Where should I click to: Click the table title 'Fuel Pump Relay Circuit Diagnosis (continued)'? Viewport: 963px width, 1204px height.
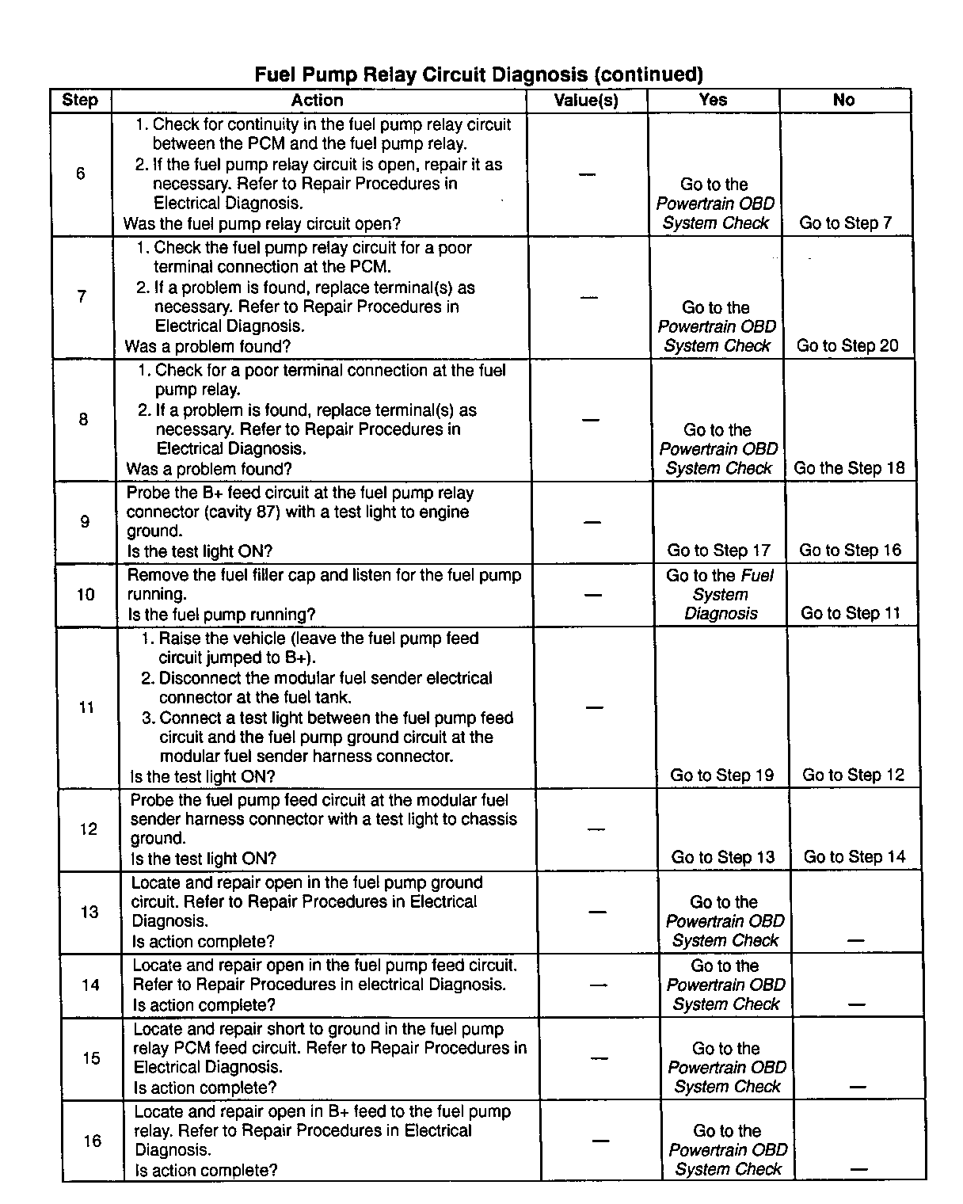tap(478, 74)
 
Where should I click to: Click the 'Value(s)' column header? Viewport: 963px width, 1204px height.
tap(586, 101)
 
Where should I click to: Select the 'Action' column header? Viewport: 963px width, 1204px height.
tap(318, 101)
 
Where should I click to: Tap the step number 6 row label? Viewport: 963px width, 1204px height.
tap(81, 173)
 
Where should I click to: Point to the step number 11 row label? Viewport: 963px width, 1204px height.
tap(87, 707)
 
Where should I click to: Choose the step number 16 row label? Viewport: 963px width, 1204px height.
tap(93, 1141)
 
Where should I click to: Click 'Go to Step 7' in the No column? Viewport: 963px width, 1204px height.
tap(846, 223)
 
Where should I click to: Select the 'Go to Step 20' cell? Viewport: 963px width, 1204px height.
tap(847, 345)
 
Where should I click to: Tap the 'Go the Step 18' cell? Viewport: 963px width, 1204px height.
tap(849, 468)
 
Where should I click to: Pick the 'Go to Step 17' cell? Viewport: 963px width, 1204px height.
tap(719, 551)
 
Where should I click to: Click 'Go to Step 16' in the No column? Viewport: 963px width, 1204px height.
tap(851, 551)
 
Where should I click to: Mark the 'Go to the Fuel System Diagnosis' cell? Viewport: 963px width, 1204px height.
tap(721, 595)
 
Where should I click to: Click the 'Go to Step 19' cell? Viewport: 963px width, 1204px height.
tap(722, 775)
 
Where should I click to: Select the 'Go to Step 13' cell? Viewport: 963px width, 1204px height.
tap(723, 857)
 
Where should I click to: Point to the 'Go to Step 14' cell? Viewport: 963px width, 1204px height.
tap(855, 857)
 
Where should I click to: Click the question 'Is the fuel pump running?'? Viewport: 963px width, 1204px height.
tap(222, 615)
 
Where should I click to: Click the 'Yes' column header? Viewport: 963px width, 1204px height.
tap(713, 101)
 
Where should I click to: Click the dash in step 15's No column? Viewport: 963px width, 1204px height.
tap(858, 1088)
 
